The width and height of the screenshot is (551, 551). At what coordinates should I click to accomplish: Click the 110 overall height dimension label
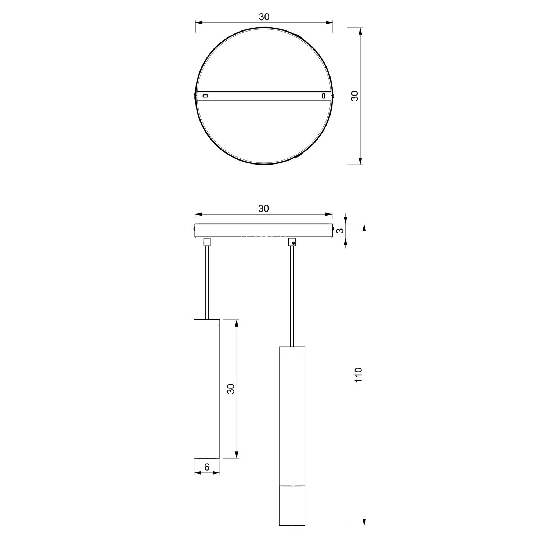point(359,375)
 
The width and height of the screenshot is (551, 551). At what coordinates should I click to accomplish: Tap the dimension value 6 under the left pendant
point(207,467)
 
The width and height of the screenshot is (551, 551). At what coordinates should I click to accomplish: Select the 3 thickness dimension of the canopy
point(341,231)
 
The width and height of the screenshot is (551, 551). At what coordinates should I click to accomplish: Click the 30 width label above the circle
point(264,17)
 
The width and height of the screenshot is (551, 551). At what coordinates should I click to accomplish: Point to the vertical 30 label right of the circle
point(354,96)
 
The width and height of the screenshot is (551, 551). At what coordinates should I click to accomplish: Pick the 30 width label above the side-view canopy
point(264,209)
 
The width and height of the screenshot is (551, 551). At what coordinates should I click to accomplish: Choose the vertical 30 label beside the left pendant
point(231,389)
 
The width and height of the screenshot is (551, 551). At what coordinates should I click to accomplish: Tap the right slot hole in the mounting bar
point(324,96)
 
